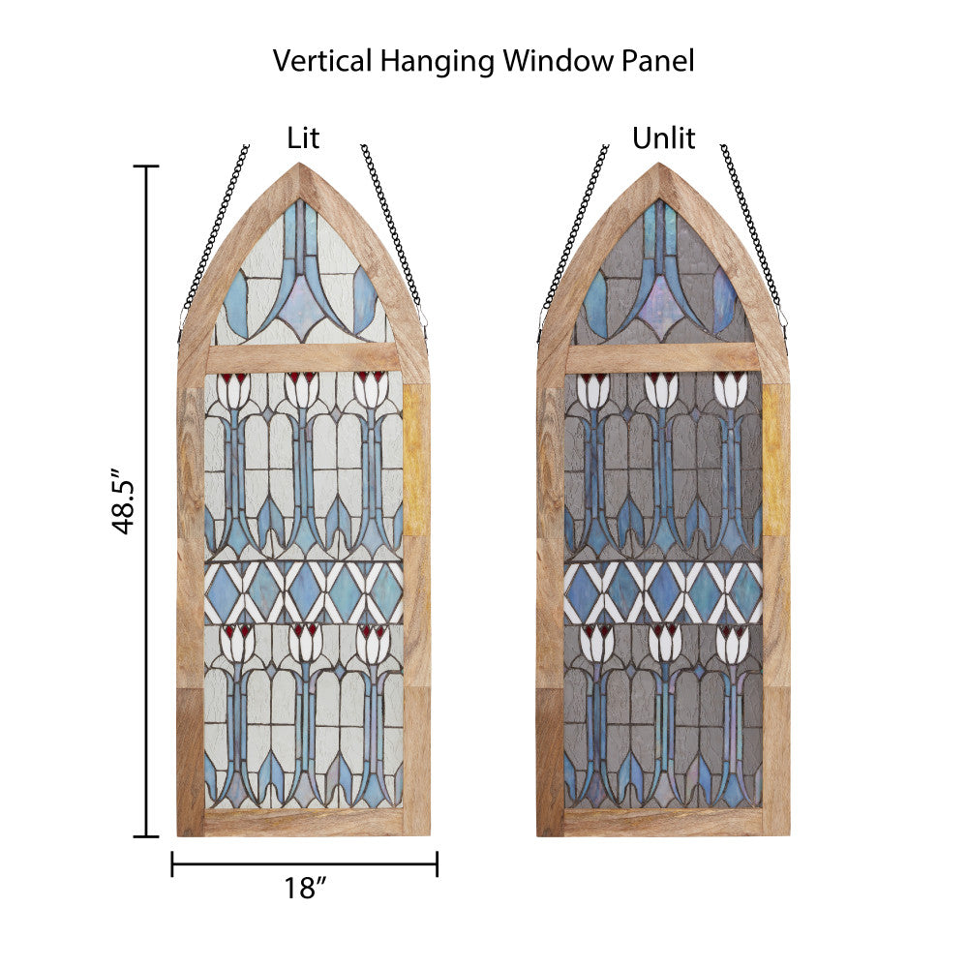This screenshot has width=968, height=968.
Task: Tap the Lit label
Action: [303, 138]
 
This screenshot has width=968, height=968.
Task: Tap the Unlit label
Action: [663, 138]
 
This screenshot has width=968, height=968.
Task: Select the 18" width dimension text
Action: [303, 889]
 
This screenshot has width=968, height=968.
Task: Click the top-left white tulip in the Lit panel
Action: [233, 389]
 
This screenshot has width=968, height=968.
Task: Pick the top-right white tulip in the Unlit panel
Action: [731, 389]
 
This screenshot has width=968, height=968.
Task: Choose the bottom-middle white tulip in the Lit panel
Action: [304, 643]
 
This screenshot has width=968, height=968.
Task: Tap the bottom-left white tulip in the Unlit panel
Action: [595, 643]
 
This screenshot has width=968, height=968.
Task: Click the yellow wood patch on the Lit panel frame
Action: [416, 460]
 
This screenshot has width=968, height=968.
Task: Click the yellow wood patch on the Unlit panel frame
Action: [775, 460]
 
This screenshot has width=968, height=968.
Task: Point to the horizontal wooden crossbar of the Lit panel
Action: [303, 358]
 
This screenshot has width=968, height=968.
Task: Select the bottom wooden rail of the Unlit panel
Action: [663, 823]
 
